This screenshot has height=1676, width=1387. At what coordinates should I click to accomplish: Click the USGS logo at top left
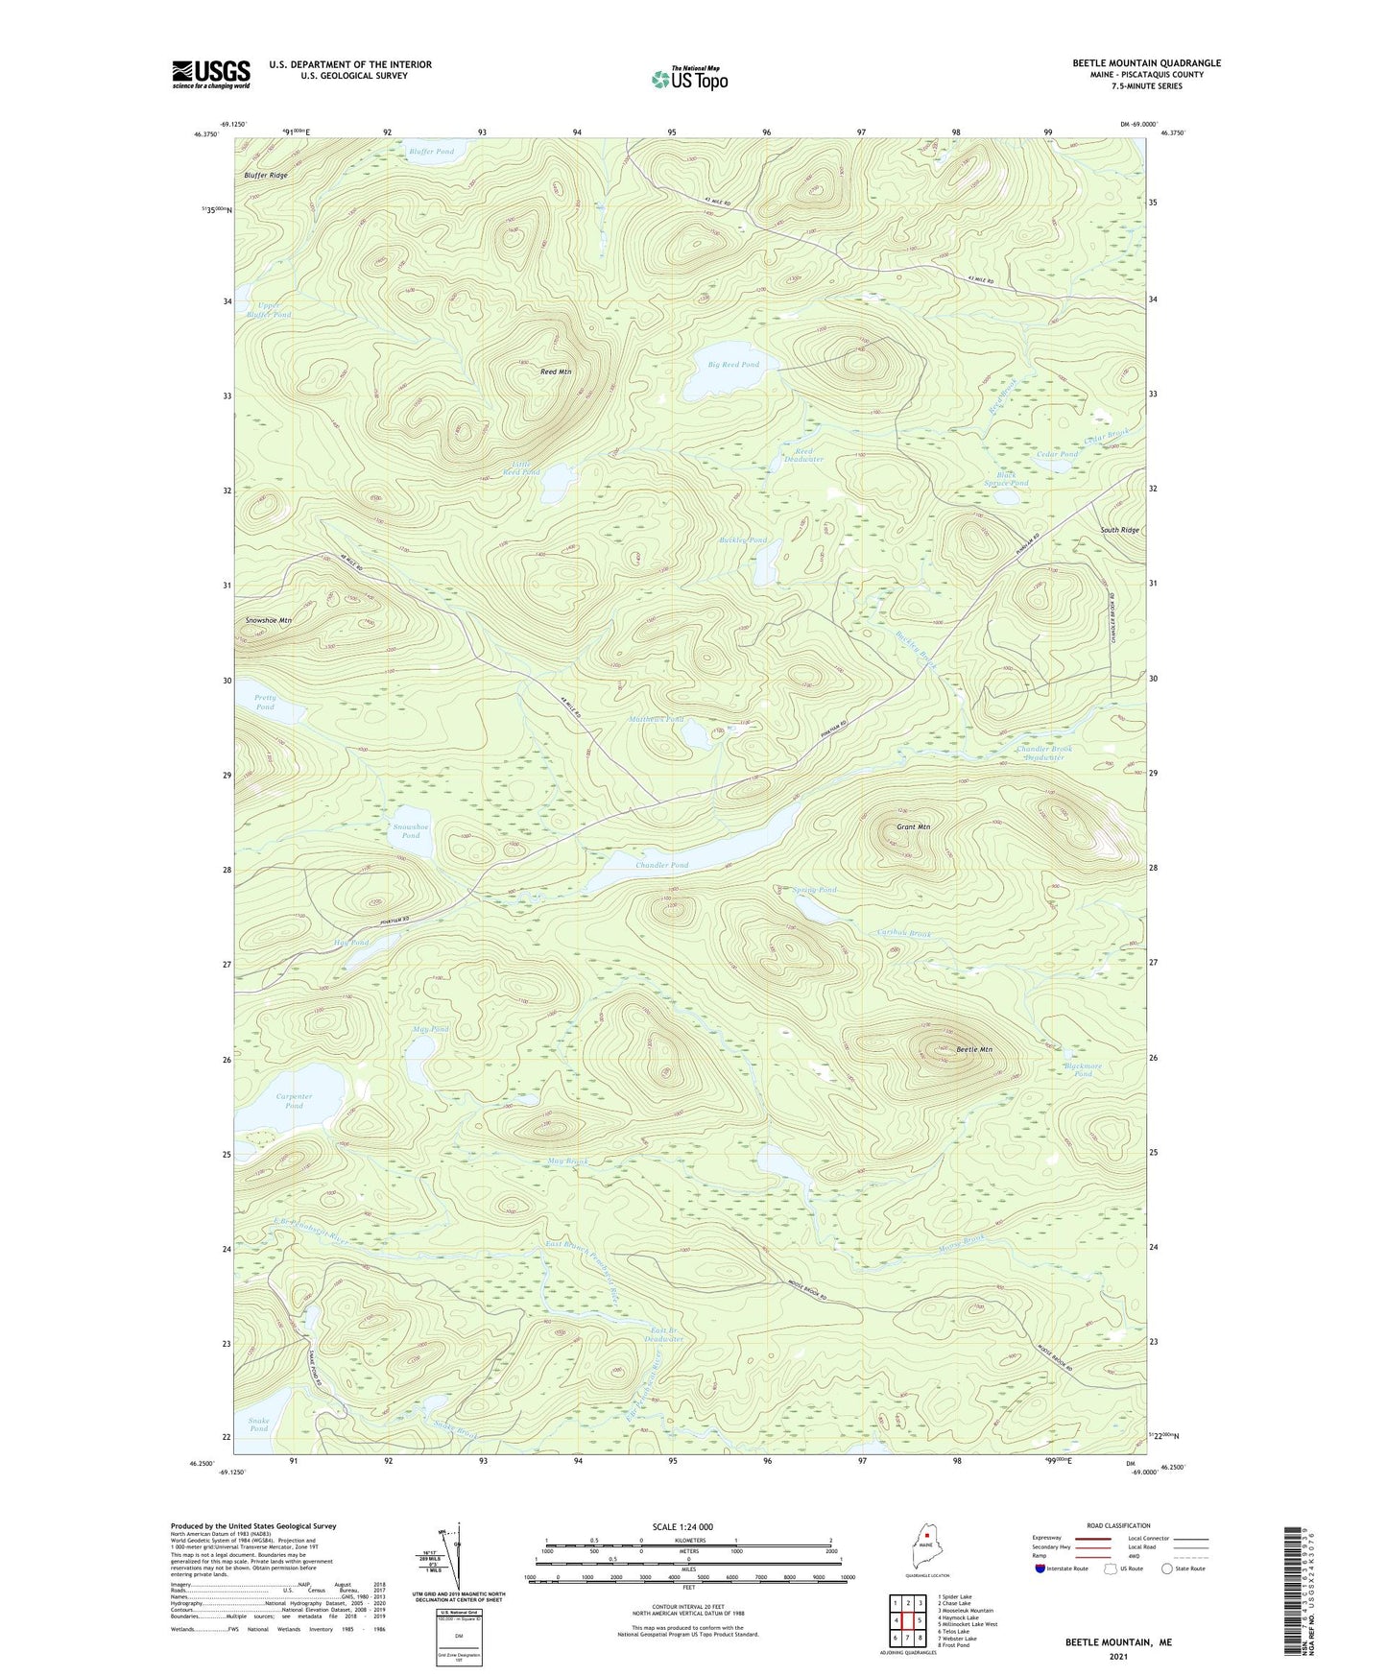click(211, 73)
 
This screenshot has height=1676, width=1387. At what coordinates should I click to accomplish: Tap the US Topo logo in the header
click(689, 79)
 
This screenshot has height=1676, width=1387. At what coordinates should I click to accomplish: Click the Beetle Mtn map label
click(974, 1049)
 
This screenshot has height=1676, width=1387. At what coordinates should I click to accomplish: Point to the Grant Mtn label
click(913, 826)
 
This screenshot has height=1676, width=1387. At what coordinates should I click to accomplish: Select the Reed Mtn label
click(556, 371)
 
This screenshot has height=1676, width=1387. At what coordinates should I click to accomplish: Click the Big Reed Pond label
click(733, 365)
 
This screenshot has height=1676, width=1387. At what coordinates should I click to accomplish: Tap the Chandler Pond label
click(661, 865)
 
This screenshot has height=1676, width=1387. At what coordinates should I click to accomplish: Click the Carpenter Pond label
click(294, 1101)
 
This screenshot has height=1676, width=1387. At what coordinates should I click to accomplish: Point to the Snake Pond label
click(259, 1425)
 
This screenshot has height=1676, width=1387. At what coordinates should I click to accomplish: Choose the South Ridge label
click(1119, 530)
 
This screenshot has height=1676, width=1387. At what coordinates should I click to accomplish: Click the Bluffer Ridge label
click(266, 176)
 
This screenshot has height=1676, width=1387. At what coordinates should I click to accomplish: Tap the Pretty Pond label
click(265, 703)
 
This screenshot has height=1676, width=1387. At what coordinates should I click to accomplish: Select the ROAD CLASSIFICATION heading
click(1119, 1525)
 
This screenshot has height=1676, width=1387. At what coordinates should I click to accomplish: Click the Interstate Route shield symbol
click(1040, 1568)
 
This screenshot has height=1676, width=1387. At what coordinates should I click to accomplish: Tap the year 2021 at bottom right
click(1118, 1657)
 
